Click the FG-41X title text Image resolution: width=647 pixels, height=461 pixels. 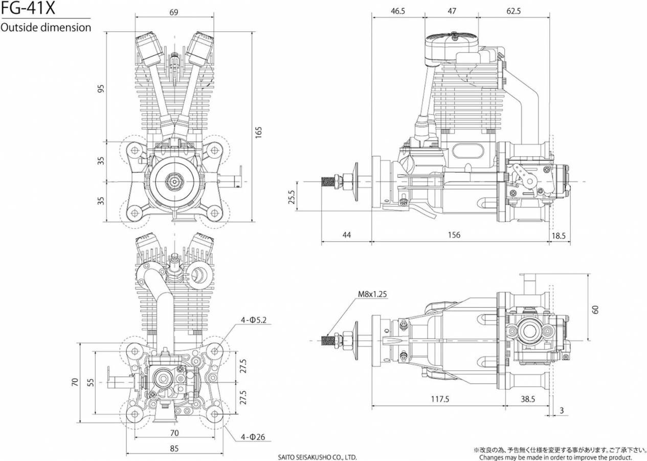[x=28, y=8]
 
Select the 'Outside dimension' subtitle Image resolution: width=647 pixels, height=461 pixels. [x=46, y=28]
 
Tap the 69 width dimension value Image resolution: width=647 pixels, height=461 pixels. [x=174, y=12]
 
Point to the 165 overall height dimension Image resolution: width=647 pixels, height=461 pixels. [x=258, y=132]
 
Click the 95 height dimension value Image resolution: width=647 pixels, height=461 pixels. [x=101, y=89]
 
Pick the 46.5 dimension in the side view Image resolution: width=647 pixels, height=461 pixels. [x=398, y=11]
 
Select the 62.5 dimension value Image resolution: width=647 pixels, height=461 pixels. [x=514, y=11]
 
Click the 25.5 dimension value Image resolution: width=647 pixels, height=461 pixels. [x=292, y=197]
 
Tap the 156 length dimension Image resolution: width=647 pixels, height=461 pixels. [x=454, y=235]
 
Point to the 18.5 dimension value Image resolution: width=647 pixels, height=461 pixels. [x=559, y=236]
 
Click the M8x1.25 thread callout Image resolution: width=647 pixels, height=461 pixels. [x=372, y=294]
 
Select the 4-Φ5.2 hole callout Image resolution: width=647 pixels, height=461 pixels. [x=254, y=320]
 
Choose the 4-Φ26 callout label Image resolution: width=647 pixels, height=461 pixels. [x=253, y=437]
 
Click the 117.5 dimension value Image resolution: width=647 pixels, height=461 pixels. [x=440, y=400]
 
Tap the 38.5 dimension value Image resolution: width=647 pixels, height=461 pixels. [x=528, y=400]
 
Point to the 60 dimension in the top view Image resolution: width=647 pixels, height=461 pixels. [x=595, y=309]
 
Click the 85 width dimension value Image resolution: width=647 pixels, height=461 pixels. [x=174, y=449]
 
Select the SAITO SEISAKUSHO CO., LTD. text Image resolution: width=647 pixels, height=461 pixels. [x=317, y=457]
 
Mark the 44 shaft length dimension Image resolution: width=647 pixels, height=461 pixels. [x=347, y=235]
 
